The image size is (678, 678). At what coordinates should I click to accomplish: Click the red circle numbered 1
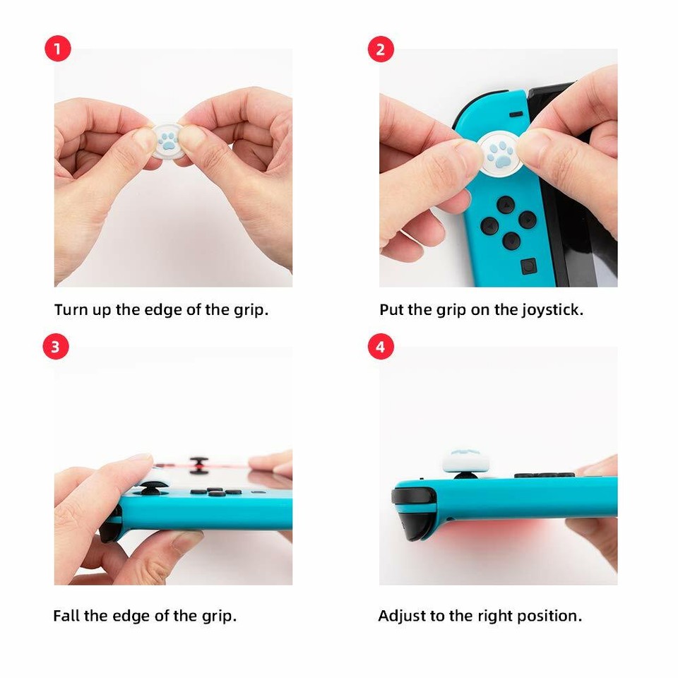[59, 49]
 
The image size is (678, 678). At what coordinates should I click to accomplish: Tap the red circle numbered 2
[381, 49]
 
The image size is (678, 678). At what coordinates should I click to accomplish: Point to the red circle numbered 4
[381, 347]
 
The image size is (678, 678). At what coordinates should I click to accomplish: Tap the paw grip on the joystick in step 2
[500, 151]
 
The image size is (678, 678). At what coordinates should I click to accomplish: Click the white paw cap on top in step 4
[464, 460]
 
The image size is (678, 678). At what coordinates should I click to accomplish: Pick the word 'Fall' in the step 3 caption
[66, 616]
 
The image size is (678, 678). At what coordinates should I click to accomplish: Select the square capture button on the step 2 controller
[528, 266]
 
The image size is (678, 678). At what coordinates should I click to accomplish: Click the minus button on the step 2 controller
[516, 114]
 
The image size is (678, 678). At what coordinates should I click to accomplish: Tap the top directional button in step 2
[505, 206]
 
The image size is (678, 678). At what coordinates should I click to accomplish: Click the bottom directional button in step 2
[511, 241]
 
